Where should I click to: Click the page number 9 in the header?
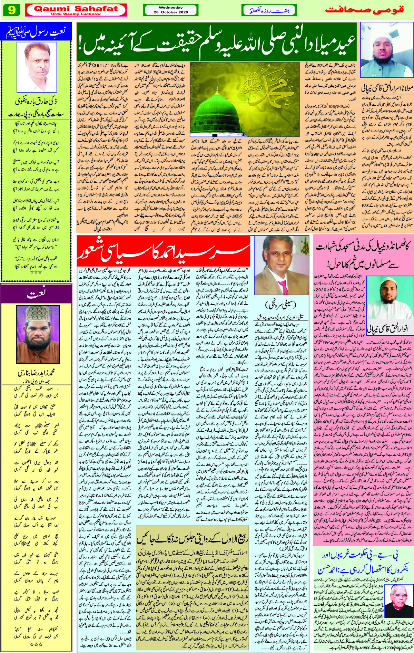[11, 10]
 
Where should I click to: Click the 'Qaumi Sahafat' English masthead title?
[76, 9]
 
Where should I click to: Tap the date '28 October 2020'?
[171, 12]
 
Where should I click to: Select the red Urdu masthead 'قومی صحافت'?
[365, 10]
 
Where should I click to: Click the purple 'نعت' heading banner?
[36, 294]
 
